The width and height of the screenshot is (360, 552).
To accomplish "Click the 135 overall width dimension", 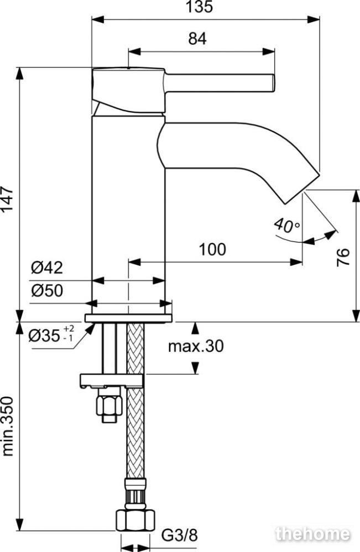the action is pyautogui.click(x=200, y=7).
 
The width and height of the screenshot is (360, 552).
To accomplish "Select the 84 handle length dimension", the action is pyautogui.click(x=197, y=39).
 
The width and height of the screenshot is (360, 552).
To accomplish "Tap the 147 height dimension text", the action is pyautogui.click(x=7, y=199).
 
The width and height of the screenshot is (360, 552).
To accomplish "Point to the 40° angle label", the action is pyautogui.click(x=287, y=225).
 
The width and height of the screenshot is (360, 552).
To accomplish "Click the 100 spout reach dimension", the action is pyautogui.click(x=212, y=250).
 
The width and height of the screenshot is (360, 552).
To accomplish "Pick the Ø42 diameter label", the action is pyautogui.click(x=47, y=268).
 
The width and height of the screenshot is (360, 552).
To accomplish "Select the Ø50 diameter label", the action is pyautogui.click(x=47, y=291).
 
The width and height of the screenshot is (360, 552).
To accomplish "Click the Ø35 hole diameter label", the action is pyautogui.click(x=51, y=335).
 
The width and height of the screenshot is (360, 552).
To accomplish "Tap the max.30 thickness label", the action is pyautogui.click(x=196, y=346).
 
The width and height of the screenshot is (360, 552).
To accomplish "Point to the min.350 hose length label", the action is pyautogui.click(x=7, y=427).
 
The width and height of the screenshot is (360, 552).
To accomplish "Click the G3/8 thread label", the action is pyautogui.click(x=180, y=536).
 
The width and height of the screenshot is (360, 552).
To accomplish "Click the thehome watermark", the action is pyautogui.click(x=313, y=534).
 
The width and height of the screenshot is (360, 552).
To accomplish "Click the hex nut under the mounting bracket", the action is pyautogui.click(x=109, y=405).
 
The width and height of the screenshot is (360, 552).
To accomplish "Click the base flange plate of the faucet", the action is pyautogui.click(x=128, y=318).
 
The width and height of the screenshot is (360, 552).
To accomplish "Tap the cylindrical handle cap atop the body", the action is pyautogui.click(x=128, y=91).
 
